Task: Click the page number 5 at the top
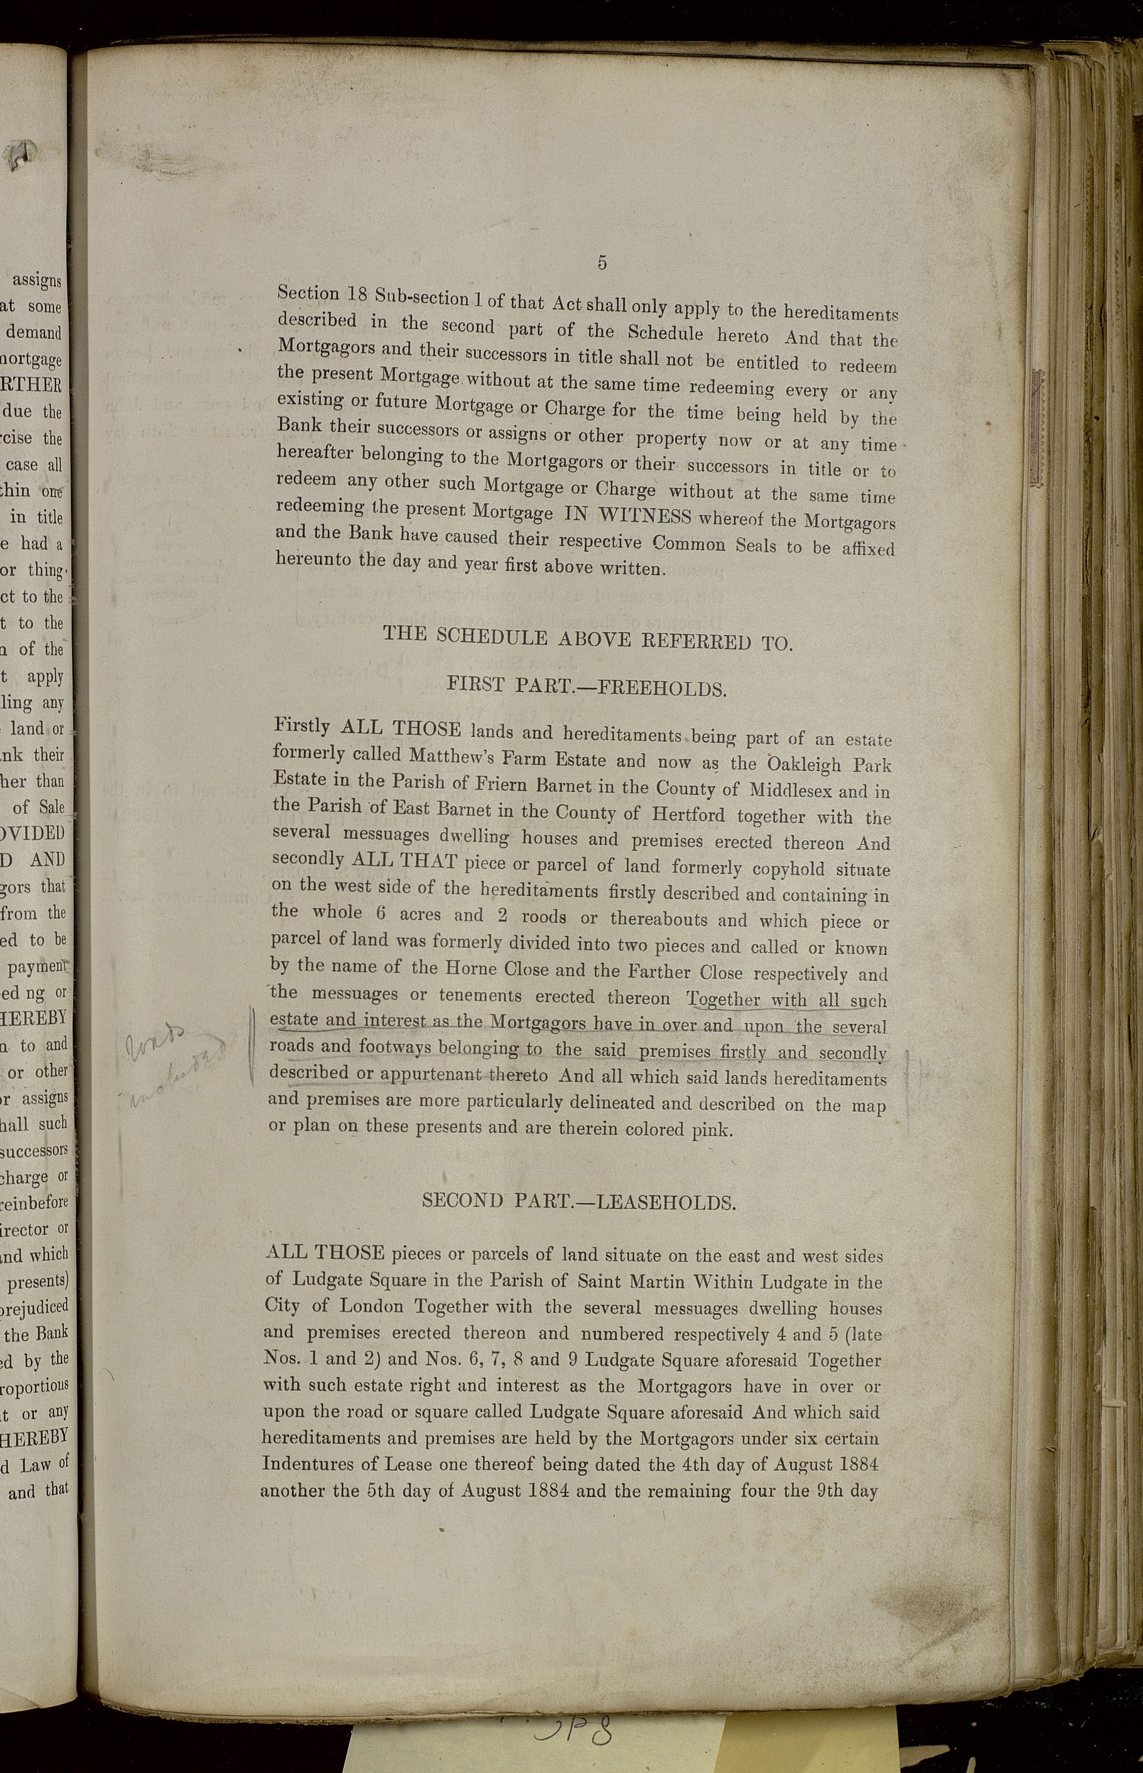pos(602,262)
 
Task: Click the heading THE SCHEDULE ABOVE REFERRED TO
pos(587,638)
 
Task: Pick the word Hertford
pos(690,814)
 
